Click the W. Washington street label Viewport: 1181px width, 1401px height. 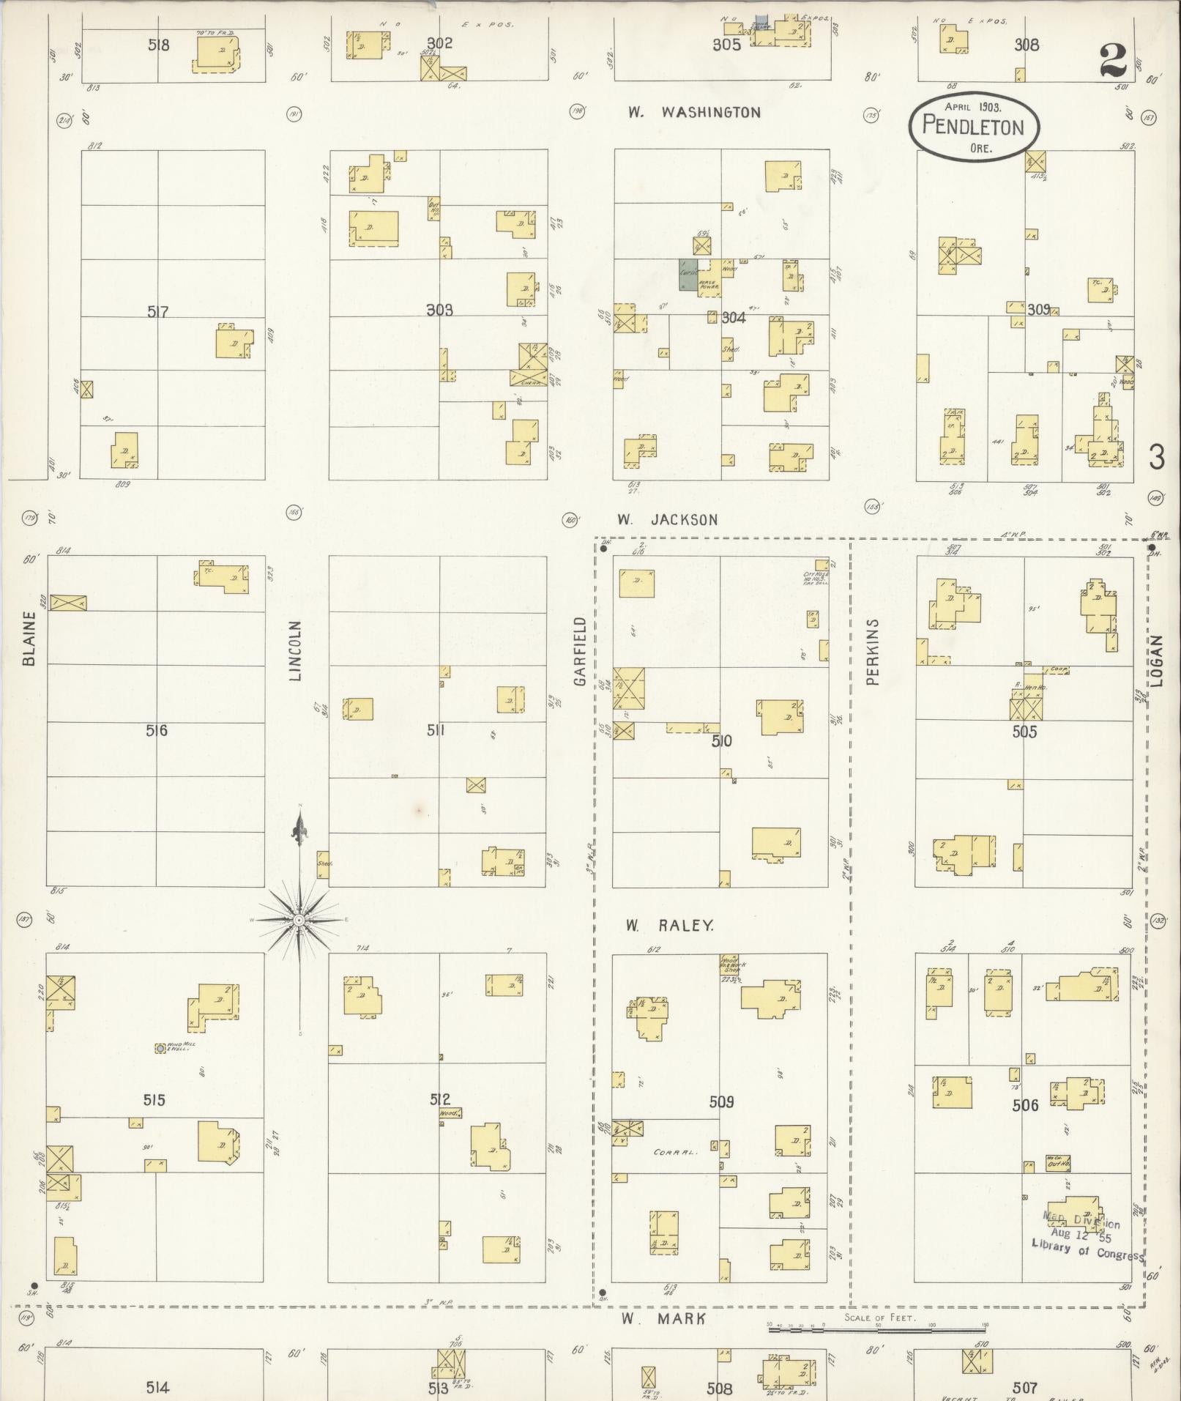click(x=693, y=113)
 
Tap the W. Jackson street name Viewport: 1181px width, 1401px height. click(x=666, y=520)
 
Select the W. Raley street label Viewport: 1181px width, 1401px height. click(x=669, y=926)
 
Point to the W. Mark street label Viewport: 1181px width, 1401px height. click(x=664, y=1318)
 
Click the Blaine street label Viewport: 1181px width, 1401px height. click(x=29, y=639)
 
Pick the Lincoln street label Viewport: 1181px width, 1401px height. click(x=295, y=651)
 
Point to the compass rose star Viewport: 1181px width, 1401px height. click(x=299, y=920)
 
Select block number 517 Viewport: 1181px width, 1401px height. click(x=157, y=313)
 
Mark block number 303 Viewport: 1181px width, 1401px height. click(x=439, y=311)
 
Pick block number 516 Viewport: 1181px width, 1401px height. click(x=156, y=730)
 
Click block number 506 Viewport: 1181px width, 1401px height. click(x=1025, y=1105)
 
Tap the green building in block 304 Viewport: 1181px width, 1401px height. click(x=688, y=275)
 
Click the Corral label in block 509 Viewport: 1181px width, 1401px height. click(x=675, y=1152)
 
